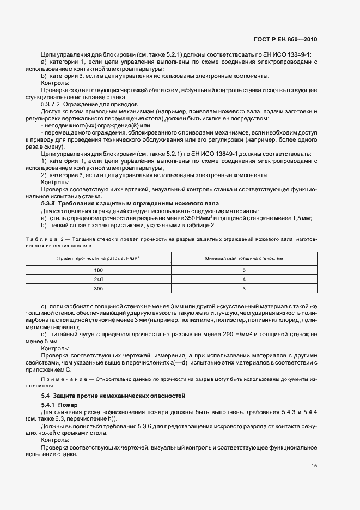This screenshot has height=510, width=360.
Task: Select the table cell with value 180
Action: [99, 270]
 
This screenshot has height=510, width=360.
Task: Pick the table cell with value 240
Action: [99, 279]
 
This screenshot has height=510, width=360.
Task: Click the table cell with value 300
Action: [99, 288]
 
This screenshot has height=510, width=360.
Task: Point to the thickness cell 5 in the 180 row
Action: [244, 270]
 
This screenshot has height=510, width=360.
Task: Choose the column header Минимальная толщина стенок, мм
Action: [244, 258]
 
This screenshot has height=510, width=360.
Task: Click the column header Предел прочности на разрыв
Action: [99, 258]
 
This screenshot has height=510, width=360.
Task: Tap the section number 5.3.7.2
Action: [53, 104]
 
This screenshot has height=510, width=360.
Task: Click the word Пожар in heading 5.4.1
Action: [69, 406]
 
